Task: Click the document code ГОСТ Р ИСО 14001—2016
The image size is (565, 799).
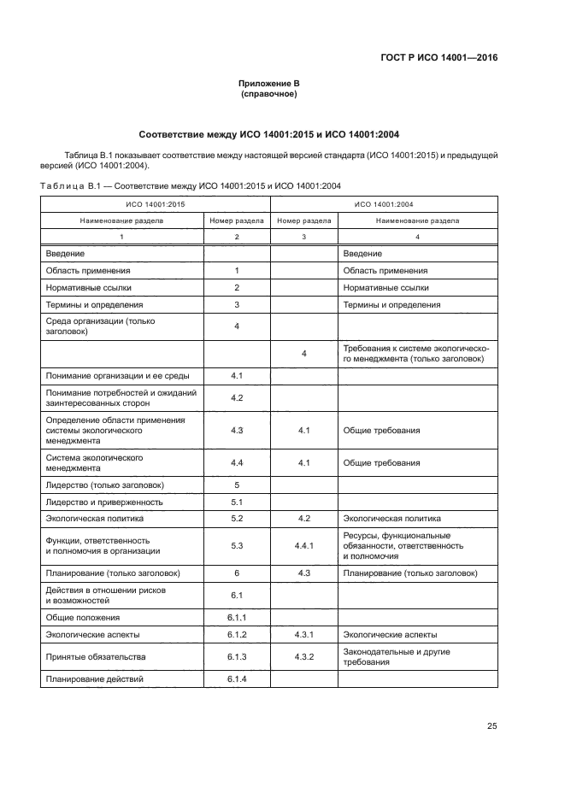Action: click(x=438, y=57)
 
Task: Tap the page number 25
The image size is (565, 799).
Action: click(x=491, y=726)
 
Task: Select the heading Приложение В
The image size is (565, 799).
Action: click(x=269, y=84)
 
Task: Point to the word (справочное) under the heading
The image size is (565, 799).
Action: click(x=269, y=94)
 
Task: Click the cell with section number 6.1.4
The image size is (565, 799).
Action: click(x=237, y=679)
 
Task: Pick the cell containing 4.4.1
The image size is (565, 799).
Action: click(x=304, y=545)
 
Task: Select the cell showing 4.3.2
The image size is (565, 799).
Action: click(x=304, y=656)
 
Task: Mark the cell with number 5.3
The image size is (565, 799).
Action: click(x=237, y=545)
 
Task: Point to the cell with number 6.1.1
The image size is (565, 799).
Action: click(x=237, y=617)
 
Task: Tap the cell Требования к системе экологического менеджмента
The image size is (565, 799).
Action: click(x=415, y=353)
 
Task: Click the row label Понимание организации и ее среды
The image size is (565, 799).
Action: click(x=111, y=375)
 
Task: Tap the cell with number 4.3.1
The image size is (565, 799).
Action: click(x=304, y=634)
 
